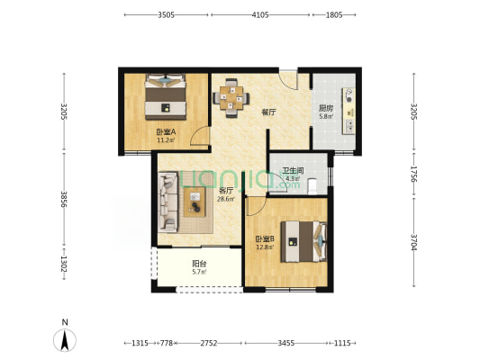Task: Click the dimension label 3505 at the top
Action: point(167,14)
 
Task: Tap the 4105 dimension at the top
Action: point(260,14)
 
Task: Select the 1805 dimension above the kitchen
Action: point(334,14)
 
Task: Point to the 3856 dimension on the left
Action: point(64,199)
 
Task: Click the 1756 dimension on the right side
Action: point(414,174)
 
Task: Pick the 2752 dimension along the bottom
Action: point(209,343)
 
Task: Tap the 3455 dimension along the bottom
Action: point(286,343)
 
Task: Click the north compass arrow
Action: point(65,340)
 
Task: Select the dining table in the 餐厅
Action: point(231,98)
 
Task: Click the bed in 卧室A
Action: point(166,96)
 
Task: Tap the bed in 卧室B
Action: point(304,241)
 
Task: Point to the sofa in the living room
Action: point(168,202)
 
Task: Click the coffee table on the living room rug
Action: point(195,202)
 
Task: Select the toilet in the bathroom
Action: point(312,186)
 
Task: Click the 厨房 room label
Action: point(326,108)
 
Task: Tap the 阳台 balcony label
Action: point(199,264)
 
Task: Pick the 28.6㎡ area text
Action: point(226,200)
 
